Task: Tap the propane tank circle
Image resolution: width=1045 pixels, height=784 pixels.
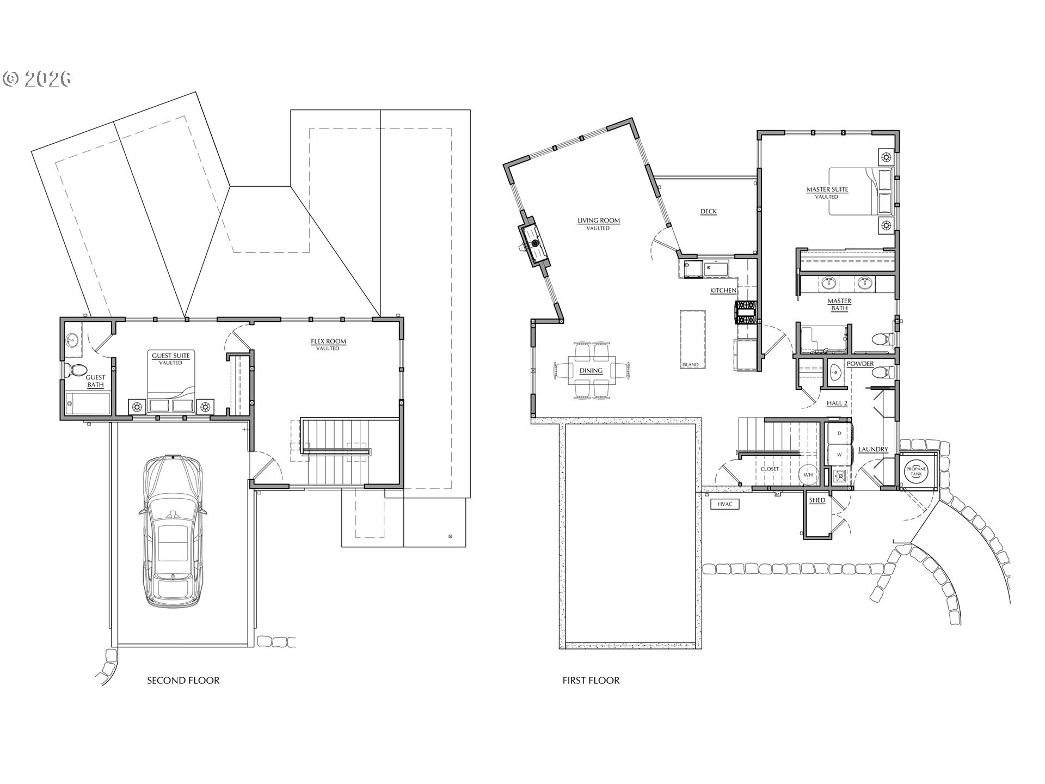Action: tap(919, 471)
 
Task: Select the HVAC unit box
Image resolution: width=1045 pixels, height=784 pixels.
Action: tap(725, 504)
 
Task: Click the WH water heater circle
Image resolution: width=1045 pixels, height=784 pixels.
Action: tap(808, 475)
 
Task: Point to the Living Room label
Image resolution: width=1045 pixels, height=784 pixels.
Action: tap(599, 220)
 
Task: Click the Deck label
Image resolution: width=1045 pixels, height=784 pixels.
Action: tap(708, 211)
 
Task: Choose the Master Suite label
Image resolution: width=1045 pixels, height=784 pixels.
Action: tap(827, 189)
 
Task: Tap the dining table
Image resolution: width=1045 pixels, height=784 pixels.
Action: tap(591, 371)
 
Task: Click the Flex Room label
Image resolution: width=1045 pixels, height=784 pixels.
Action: tap(328, 342)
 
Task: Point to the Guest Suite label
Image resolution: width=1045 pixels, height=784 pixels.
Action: tap(171, 356)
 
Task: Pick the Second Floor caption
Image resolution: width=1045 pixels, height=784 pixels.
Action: tap(183, 681)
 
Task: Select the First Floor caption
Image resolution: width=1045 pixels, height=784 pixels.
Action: tap(591, 681)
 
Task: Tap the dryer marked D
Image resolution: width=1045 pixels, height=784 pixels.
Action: tap(839, 433)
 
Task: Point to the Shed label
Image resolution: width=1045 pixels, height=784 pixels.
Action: tap(817, 500)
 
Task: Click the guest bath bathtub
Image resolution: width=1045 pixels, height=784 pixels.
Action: tap(87, 404)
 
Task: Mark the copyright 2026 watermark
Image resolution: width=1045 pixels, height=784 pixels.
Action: tap(37, 79)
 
